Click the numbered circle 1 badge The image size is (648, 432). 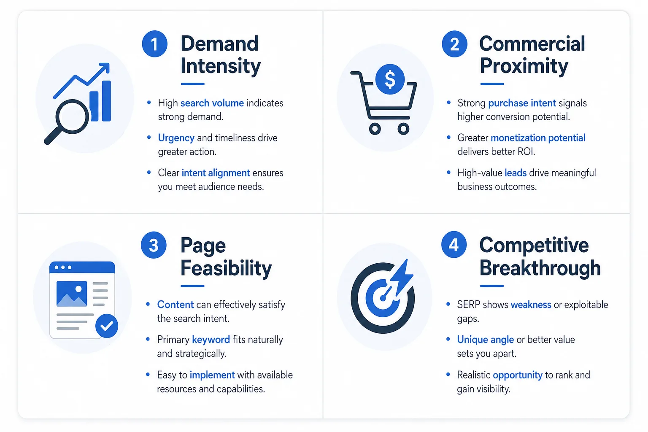click(x=154, y=44)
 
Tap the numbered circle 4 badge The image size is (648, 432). click(x=454, y=245)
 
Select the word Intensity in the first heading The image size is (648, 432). click(x=221, y=66)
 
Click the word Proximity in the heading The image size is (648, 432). click(x=524, y=66)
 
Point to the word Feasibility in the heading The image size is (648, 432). click(x=226, y=268)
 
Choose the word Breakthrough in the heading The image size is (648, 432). click(x=540, y=268)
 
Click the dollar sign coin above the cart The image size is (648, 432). click(x=390, y=79)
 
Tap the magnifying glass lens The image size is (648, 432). click(x=72, y=116)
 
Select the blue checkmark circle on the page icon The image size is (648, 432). click(x=107, y=326)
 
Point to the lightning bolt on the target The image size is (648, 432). click(x=402, y=278)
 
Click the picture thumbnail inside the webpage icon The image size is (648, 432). click(x=72, y=294)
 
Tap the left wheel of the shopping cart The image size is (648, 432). click(x=375, y=128)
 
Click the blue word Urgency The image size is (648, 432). click(x=176, y=138)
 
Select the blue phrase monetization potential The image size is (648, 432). click(x=538, y=138)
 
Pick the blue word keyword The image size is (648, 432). click(x=211, y=340)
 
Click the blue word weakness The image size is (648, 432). click(x=531, y=305)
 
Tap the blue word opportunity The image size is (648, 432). click(x=518, y=375)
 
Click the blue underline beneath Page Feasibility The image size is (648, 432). click(x=192, y=286)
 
